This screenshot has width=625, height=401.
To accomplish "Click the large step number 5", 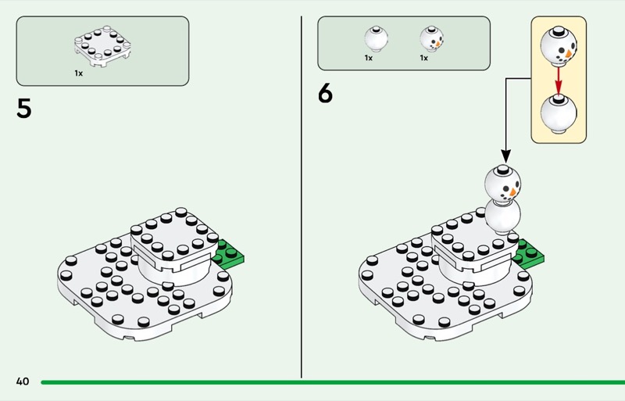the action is pyautogui.click(x=24, y=108).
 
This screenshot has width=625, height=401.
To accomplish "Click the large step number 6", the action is pyautogui.click(x=325, y=93).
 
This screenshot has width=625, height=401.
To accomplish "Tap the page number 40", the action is pyautogui.click(x=23, y=381).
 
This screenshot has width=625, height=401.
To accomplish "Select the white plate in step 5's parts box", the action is pyautogui.click(x=102, y=46).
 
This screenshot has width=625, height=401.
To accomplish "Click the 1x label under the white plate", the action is pyautogui.click(x=79, y=73).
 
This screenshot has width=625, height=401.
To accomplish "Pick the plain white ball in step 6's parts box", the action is pyautogui.click(x=376, y=39).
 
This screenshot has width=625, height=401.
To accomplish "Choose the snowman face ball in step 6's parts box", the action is pyautogui.click(x=431, y=39).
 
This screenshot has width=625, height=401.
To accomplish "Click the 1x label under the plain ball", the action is pyautogui.click(x=368, y=58).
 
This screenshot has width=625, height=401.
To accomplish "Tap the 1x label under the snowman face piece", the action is pyautogui.click(x=423, y=58).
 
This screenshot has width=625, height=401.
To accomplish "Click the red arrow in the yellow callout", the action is pyautogui.click(x=559, y=81).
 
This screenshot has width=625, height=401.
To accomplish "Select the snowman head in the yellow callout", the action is pyautogui.click(x=559, y=46).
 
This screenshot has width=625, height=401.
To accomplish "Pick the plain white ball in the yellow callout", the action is pyautogui.click(x=559, y=113).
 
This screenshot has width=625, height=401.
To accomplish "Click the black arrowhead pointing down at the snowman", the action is pyautogui.click(x=505, y=156).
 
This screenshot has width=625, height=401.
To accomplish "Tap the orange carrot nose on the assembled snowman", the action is pyautogui.click(x=513, y=193).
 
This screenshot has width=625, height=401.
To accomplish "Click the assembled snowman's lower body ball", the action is pyautogui.click(x=502, y=217).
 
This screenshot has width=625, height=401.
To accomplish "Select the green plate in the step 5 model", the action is pyautogui.click(x=228, y=253).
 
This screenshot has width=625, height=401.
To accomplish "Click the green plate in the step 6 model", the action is pyautogui.click(x=529, y=253).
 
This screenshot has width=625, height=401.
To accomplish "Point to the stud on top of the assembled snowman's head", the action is pyautogui.click(x=504, y=169).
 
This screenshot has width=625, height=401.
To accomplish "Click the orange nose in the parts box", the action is pyautogui.click(x=438, y=43).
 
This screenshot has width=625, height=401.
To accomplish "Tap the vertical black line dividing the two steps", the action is pyautogui.click(x=302, y=197).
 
